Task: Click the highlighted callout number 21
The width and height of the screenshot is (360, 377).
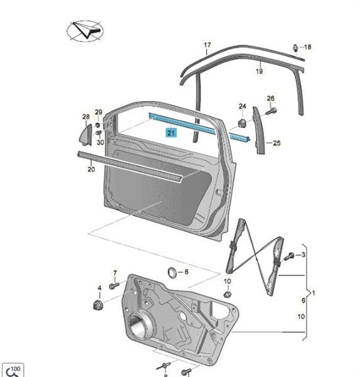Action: (171, 133)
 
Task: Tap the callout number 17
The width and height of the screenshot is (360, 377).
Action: (207, 45)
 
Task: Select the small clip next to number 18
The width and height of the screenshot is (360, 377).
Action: (295, 48)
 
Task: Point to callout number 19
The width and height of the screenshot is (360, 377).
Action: (259, 71)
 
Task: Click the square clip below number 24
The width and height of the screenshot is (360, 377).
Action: (242, 123)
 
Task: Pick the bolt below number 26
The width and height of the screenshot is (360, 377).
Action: (271, 111)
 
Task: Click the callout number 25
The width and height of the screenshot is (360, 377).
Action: (276, 143)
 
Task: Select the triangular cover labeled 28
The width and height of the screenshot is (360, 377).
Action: (86, 134)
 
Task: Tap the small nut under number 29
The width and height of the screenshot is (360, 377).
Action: (97, 125)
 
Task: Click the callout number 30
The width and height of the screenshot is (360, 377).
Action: (101, 143)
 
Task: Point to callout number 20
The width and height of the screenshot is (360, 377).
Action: (91, 169)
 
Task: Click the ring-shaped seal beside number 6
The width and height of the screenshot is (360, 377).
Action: (172, 273)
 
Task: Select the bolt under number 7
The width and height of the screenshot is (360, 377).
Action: (114, 286)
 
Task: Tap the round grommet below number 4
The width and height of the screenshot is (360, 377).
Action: (98, 305)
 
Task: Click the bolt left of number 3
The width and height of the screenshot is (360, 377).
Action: (289, 256)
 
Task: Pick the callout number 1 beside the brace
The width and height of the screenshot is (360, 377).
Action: (314, 293)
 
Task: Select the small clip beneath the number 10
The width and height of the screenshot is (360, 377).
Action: (227, 294)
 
